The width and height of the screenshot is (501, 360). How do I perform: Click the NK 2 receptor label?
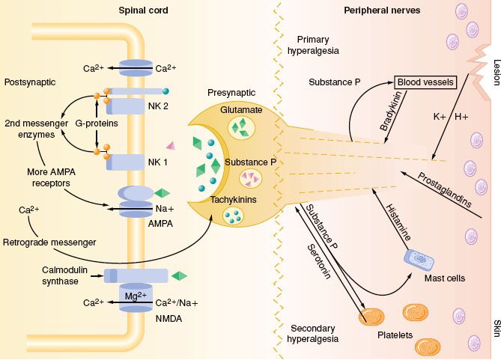[x=158, y=106]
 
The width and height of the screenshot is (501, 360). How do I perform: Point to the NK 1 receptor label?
[x=158, y=161]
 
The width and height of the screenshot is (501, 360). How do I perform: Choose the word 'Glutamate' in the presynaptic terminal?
[x=241, y=110]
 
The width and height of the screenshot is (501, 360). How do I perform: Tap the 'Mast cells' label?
[x=444, y=278]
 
